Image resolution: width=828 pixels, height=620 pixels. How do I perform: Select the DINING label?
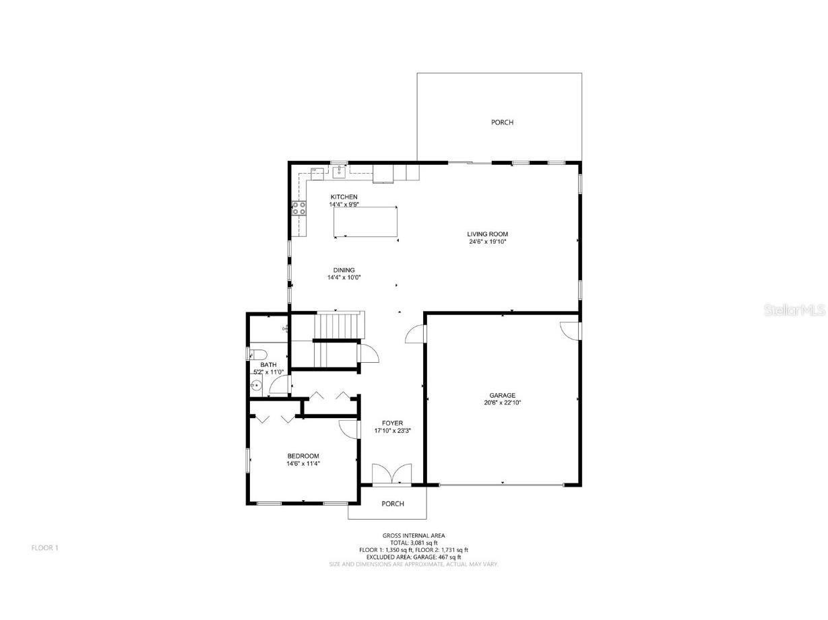tap(344, 270)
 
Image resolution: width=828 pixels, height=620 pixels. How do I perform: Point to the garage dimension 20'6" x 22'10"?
tap(503, 403)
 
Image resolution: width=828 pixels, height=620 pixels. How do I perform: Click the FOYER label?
tap(392, 423)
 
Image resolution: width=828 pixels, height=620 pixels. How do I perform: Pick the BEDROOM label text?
tap(302, 456)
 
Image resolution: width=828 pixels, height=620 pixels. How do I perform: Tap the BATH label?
tap(268, 365)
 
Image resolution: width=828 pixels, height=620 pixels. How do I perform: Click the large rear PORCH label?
tap(502, 123)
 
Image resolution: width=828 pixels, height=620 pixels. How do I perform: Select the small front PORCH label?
tap(393, 504)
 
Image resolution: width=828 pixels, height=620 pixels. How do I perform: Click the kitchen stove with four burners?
tap(299, 208)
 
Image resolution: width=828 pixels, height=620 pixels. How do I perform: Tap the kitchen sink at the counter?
tap(339, 172)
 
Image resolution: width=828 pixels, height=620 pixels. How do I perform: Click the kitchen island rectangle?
tap(366, 222)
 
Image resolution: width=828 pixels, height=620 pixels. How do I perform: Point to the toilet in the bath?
tap(258, 355)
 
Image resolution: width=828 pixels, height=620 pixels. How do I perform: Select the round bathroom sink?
tap(256, 386)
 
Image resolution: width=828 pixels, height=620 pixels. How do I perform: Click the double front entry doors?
tap(392, 473)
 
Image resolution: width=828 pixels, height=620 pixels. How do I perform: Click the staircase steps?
tap(340, 326)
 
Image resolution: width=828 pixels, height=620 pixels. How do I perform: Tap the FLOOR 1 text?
tap(45, 548)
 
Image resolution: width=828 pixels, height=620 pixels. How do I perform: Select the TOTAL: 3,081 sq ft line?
tap(414, 543)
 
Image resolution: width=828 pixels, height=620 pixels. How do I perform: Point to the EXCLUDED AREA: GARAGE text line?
tap(414, 557)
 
